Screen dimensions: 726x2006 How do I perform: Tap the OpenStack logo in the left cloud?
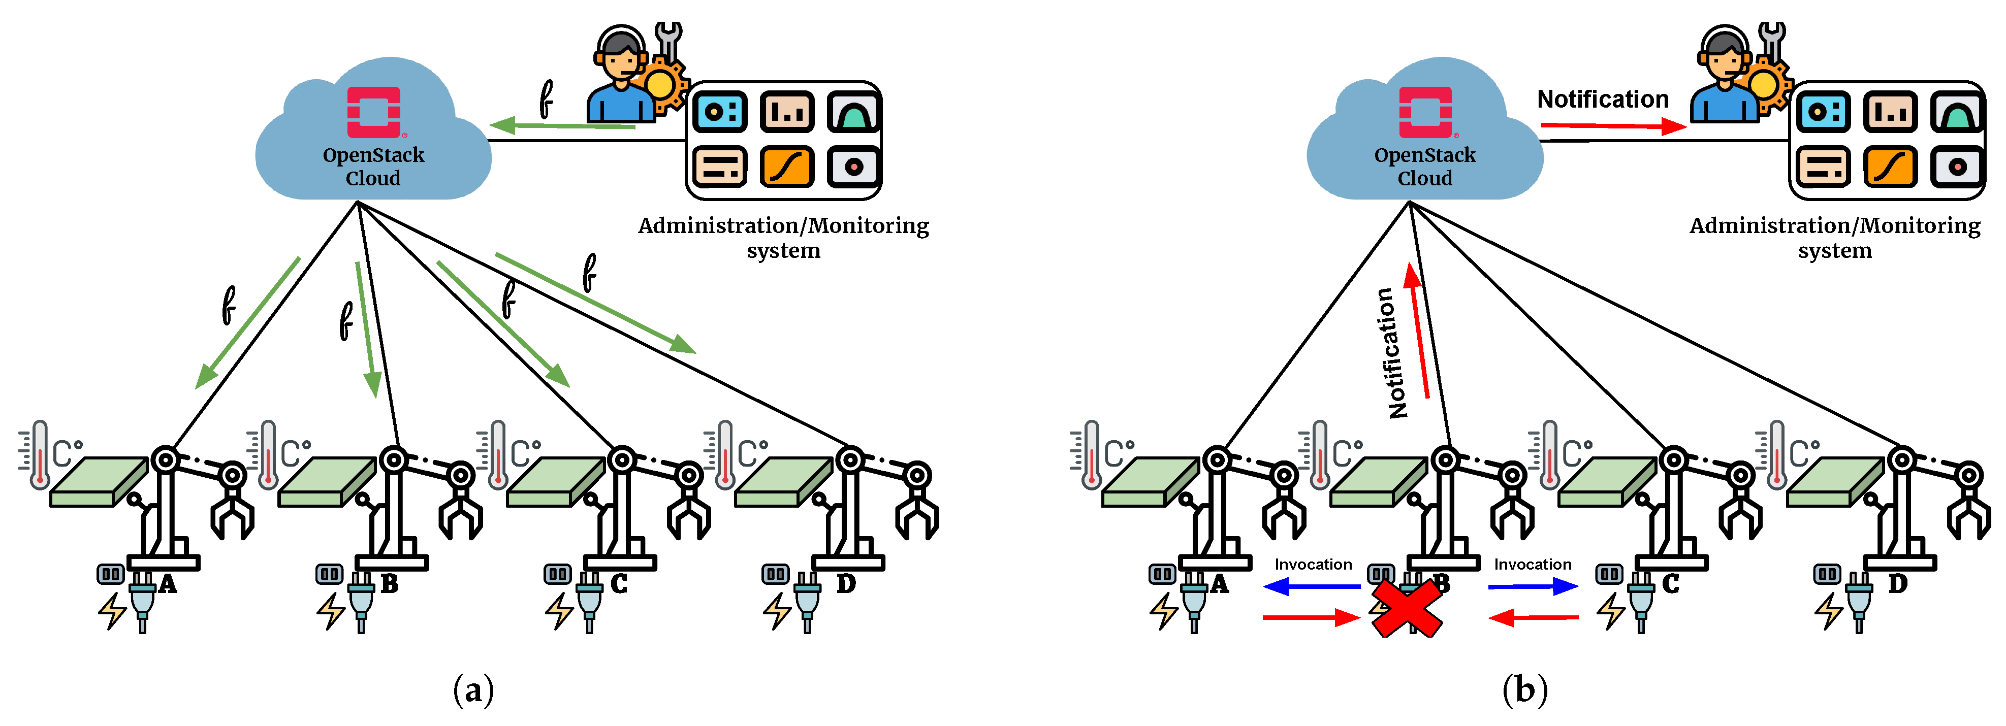click(374, 112)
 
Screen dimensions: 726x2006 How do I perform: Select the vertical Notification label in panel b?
click(1392, 353)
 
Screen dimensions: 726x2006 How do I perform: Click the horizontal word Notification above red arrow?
click(1603, 100)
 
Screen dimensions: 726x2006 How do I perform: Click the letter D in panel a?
click(846, 584)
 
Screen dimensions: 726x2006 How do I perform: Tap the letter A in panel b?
click(1220, 584)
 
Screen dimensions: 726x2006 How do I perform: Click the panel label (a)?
click(473, 689)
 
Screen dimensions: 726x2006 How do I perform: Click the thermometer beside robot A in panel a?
click(39, 455)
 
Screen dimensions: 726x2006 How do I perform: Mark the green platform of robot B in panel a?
click(327, 482)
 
